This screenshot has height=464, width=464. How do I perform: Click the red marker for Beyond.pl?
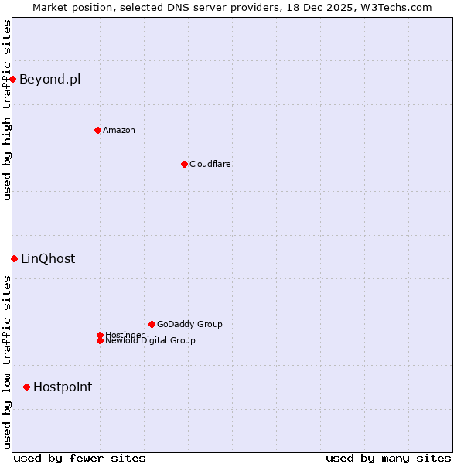point(13,79)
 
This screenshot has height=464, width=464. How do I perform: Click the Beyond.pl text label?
point(49,79)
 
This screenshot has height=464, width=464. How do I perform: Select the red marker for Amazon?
point(97,130)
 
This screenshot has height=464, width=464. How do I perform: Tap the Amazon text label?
point(118,130)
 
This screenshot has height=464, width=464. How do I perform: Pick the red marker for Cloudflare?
point(184,164)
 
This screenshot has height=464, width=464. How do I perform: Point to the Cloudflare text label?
point(210,164)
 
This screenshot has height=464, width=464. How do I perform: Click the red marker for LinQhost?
point(14,258)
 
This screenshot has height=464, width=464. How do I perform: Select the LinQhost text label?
point(48,258)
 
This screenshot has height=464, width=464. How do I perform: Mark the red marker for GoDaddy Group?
point(152,324)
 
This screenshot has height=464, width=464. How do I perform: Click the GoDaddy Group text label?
point(189,324)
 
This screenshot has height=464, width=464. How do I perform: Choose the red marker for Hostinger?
point(100,335)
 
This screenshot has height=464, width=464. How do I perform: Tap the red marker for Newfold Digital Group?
point(100,340)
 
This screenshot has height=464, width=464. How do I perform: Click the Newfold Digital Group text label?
point(150,341)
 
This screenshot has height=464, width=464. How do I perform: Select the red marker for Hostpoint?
point(27,387)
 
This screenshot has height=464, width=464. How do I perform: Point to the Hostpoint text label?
point(63,387)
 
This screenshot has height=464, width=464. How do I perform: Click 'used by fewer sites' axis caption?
point(80,458)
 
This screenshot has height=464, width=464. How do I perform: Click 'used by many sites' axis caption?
point(388,458)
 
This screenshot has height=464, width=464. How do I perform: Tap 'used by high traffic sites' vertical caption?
point(7,110)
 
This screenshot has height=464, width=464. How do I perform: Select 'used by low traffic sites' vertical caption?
point(7,362)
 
